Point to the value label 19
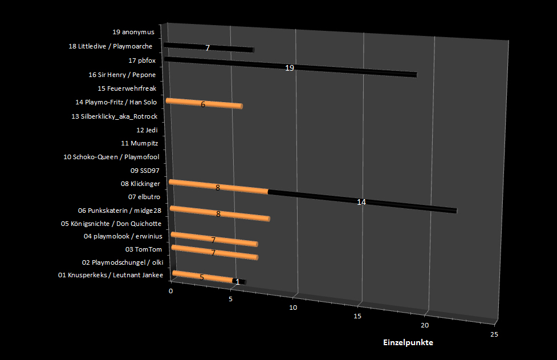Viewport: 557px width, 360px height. pos(290,68)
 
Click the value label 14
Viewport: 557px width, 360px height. pos(361,202)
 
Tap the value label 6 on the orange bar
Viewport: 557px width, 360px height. pos(203,104)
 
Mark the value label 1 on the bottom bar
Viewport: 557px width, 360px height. pos(238,282)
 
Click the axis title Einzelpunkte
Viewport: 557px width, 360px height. pos(408,342)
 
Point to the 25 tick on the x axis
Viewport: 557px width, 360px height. pos(494,334)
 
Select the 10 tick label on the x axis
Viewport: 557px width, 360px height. pos(293,308)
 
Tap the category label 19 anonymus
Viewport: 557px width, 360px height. pos(133,32)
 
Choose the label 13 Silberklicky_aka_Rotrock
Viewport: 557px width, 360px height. pos(114,116)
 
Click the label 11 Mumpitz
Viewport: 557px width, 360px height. pos(139,143)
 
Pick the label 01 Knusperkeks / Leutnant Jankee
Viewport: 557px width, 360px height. pos(111,276)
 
